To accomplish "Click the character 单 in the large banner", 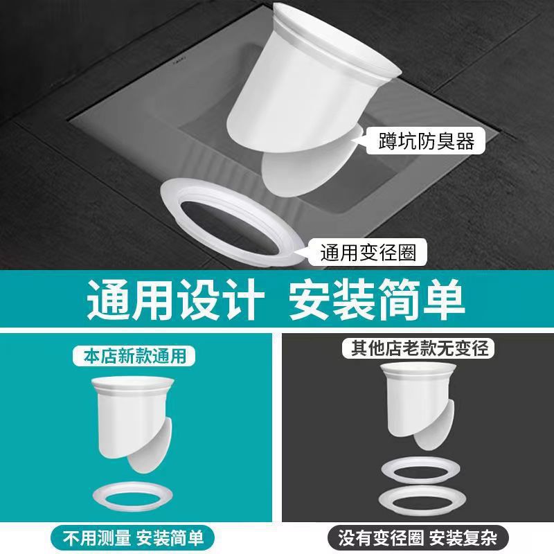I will (441, 299).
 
